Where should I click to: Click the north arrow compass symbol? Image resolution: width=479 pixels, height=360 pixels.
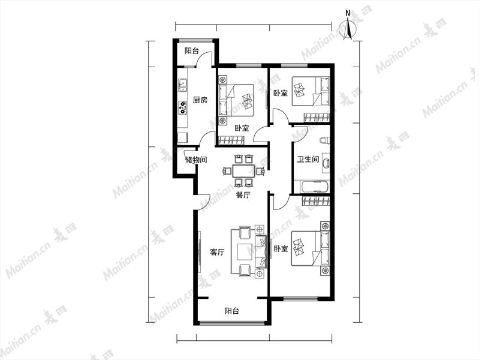click(x=348, y=28)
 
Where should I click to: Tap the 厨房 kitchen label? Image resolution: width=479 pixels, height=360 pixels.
click(x=200, y=100)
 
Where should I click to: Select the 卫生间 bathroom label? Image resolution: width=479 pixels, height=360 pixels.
click(x=308, y=159)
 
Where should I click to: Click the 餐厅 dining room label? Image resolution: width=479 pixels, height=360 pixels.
click(x=243, y=195)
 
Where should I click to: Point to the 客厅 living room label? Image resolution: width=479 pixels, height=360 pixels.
click(x=217, y=253)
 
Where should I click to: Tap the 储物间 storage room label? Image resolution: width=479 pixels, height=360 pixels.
click(x=196, y=160)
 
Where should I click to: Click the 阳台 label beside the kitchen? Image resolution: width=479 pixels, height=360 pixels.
click(x=192, y=51)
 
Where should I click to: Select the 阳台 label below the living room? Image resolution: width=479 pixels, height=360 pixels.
click(x=232, y=311)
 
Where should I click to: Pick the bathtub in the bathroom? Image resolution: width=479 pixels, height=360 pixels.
click(x=312, y=186)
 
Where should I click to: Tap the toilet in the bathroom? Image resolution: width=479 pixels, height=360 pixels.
click(x=324, y=140)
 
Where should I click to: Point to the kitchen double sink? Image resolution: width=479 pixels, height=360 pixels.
click(x=183, y=85)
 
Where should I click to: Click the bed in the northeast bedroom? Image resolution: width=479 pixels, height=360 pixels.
click(x=311, y=91)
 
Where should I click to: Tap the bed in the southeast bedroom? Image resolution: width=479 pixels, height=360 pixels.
click(x=311, y=248)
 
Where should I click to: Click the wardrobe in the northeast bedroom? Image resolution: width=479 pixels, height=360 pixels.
click(x=317, y=118)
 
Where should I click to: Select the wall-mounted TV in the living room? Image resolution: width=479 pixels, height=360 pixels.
click(x=200, y=252)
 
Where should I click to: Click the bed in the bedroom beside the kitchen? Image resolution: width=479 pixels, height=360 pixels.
click(x=236, y=100)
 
